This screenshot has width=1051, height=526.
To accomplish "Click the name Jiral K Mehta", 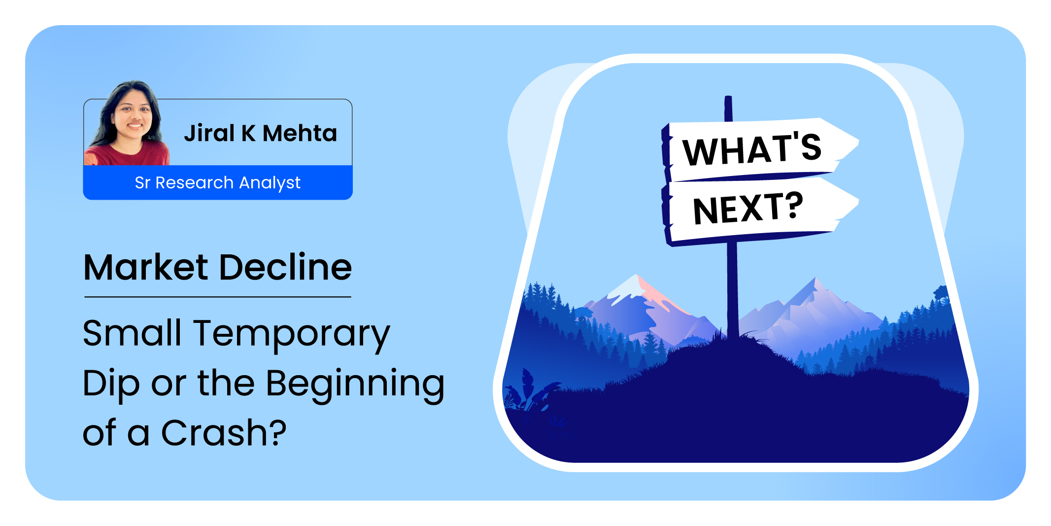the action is click(260, 133).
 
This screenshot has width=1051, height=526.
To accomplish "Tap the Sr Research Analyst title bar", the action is click(218, 182).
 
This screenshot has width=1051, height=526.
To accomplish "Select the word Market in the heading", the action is click(146, 267).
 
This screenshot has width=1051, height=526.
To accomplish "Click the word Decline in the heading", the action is click(285, 267).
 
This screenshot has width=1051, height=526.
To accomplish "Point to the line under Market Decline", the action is click(218, 297).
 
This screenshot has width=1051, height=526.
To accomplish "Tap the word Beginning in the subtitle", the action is click(355, 385).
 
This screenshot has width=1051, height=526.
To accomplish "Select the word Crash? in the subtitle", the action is click(224, 433).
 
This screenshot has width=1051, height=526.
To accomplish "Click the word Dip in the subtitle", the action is click(111, 385).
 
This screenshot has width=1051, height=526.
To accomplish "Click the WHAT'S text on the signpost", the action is click(752, 149).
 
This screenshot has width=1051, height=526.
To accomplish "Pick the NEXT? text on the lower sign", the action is click(748, 209).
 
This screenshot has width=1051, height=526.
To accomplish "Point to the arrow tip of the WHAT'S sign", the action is click(858, 142).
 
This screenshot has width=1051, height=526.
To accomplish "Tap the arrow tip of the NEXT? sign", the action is click(858, 201).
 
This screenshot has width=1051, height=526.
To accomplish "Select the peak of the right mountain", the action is click(814, 279).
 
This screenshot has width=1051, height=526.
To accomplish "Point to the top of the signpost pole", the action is click(728, 97).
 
